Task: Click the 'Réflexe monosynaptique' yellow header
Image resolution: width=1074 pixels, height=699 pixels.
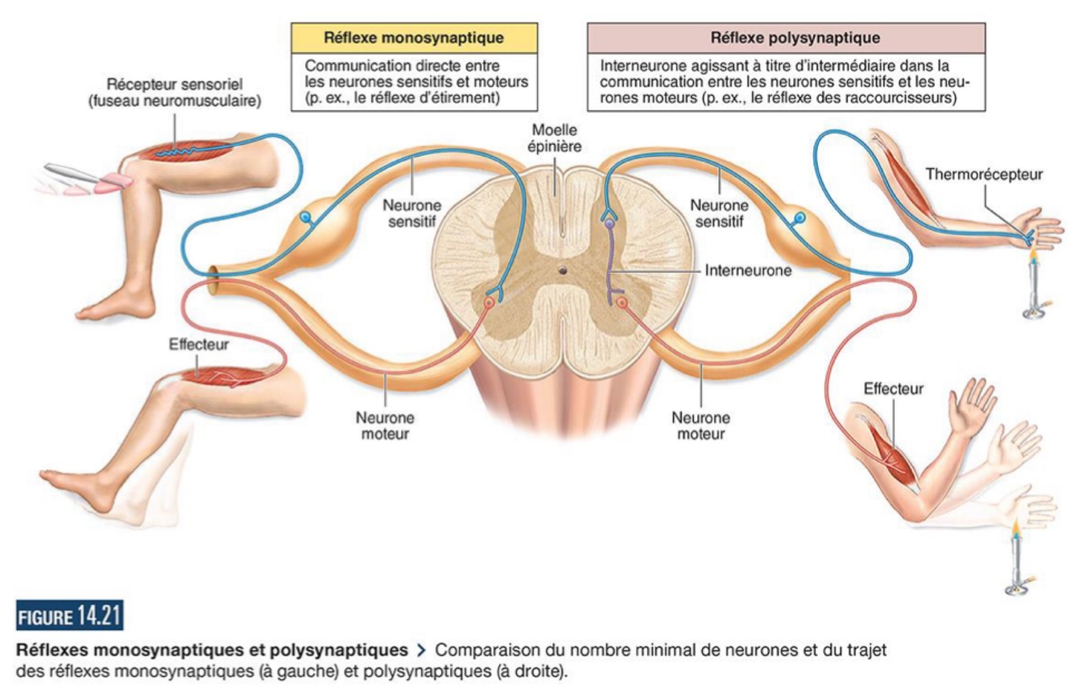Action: coord(413,37)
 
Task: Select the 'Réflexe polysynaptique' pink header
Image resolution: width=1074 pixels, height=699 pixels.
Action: coord(784,37)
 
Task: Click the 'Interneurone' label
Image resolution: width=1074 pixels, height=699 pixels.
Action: coord(747,271)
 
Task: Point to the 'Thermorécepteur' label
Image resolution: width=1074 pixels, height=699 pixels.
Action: coord(983,174)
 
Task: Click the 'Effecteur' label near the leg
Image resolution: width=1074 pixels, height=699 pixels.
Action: coord(199,344)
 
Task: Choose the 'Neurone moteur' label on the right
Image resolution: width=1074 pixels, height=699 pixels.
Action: coord(700,426)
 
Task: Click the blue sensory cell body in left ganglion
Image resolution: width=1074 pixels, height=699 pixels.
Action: coord(305,217)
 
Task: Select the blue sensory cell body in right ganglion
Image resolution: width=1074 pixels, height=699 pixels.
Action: coord(799,218)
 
